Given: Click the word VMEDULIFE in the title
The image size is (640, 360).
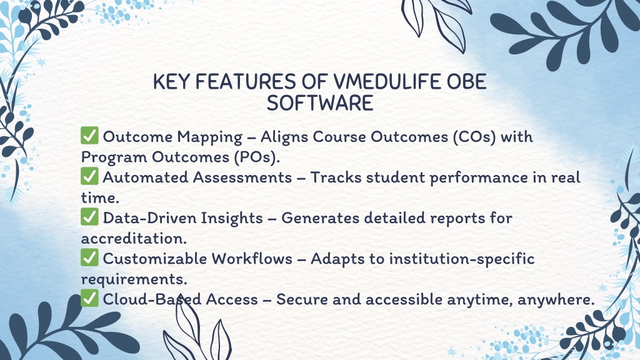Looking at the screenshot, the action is pyautogui.click(x=387, y=82).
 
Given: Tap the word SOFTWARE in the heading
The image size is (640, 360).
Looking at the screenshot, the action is pyautogui.click(x=320, y=103).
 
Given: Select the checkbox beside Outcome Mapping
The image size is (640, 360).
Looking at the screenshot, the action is pyautogui.click(x=89, y=136).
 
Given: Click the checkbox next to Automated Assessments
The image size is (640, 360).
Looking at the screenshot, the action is pyautogui.click(x=89, y=176).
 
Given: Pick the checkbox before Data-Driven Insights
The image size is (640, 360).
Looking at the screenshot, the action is pyautogui.click(x=89, y=217).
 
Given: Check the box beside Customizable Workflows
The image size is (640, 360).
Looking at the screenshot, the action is pyautogui.click(x=89, y=258).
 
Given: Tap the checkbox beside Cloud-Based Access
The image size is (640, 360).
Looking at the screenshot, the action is pyautogui.click(x=89, y=299).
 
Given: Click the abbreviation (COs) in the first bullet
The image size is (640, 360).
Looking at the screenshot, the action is pyautogui.click(x=474, y=137).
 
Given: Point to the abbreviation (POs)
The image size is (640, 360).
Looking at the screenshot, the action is pyautogui.click(x=257, y=157).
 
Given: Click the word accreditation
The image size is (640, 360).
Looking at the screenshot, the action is pyautogui.click(x=134, y=238).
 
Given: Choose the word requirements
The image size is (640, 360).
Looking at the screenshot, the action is pyautogui.click(x=134, y=280).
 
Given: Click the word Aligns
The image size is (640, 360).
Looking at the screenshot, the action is pyautogui.click(x=284, y=137).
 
